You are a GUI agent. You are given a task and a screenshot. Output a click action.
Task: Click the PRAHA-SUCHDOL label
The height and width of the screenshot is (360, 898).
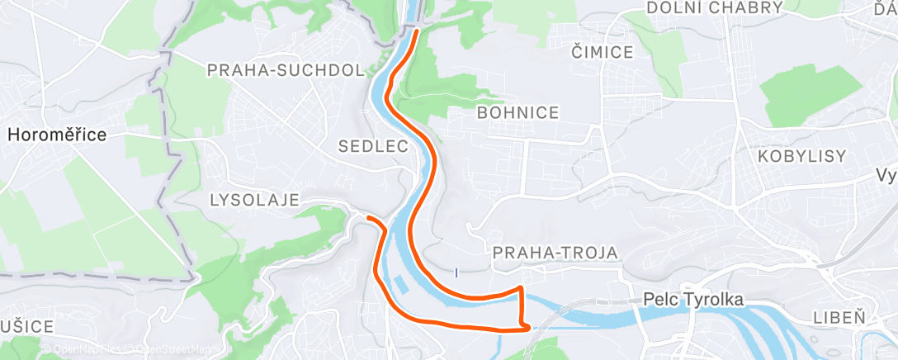(286, 71)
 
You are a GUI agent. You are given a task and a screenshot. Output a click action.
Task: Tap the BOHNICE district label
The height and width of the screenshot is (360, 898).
(518, 113)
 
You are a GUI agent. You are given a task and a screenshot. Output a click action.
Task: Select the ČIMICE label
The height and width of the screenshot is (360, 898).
(603, 53)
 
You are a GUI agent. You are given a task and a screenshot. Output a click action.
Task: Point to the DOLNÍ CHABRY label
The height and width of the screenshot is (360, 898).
(715, 7)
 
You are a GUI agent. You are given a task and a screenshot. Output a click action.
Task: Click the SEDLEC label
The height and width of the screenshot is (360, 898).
(374, 147)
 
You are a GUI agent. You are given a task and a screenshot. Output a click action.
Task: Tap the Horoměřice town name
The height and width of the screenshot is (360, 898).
(57, 135)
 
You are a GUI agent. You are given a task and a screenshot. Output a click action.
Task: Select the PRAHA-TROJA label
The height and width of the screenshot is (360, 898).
(555, 253)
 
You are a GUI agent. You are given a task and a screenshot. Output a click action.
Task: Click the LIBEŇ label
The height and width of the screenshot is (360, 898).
(839, 317)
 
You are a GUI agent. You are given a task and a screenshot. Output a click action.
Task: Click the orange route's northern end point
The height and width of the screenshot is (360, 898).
(417, 31)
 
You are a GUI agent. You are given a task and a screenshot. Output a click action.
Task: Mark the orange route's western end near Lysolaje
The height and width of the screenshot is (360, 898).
(368, 218)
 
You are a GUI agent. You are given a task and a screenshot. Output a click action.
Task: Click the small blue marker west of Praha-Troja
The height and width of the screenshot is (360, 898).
(456, 272)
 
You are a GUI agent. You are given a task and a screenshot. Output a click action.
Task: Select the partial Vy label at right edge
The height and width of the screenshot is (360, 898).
(887, 176)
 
